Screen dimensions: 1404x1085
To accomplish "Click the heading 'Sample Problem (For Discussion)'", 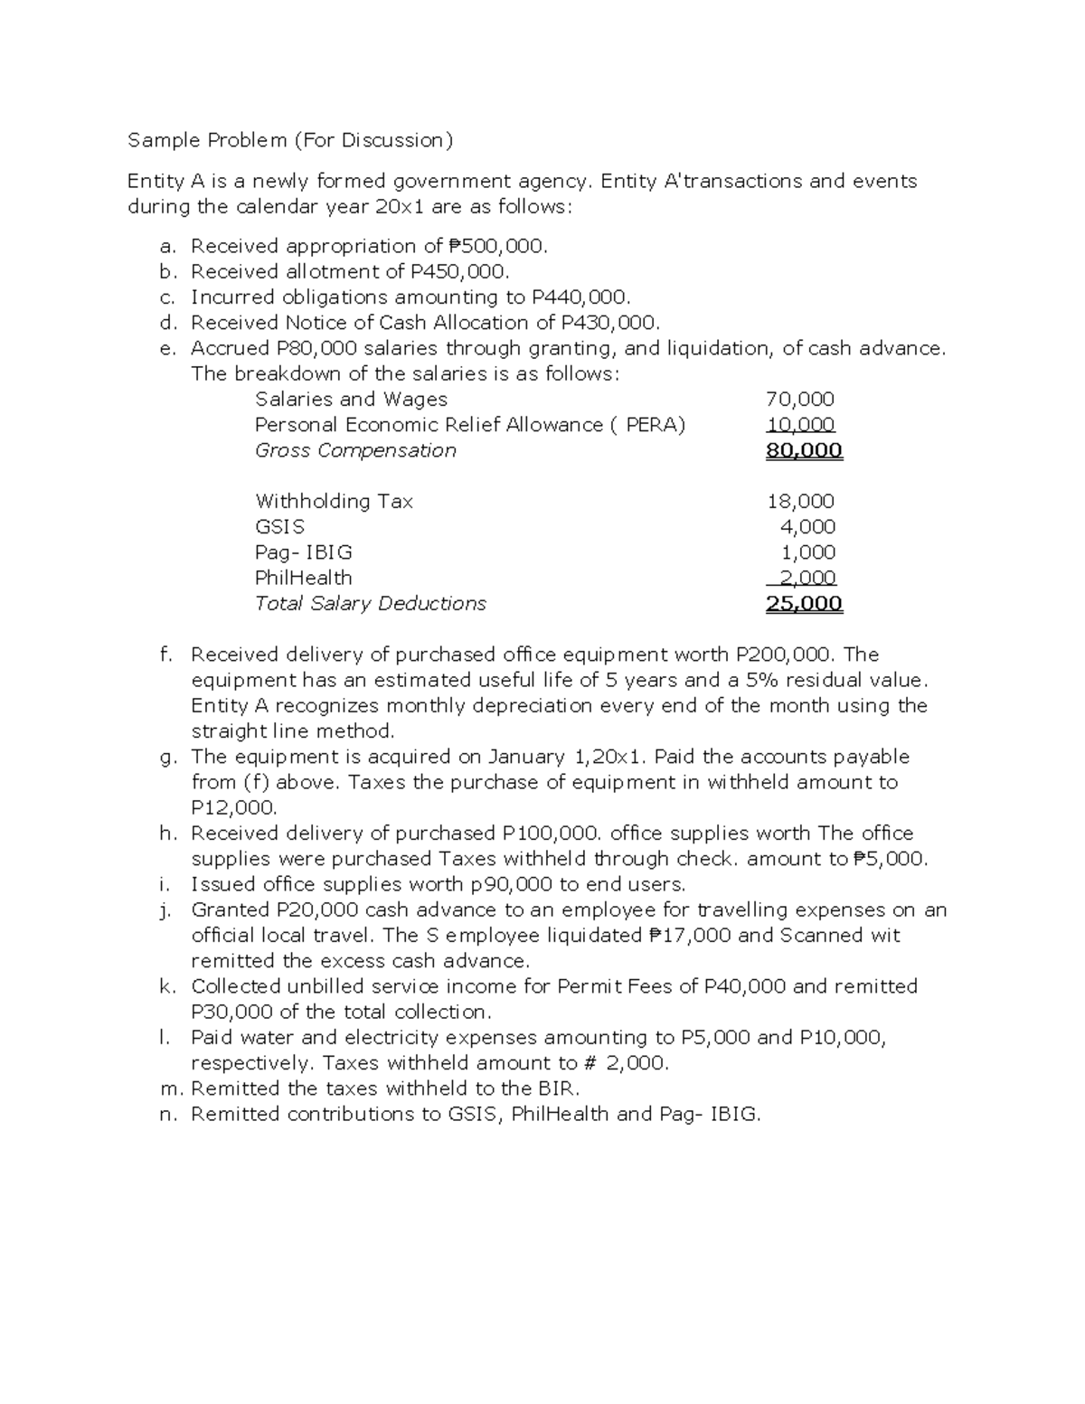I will pos(289,140).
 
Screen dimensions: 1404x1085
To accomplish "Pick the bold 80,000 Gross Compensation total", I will pos(804,450).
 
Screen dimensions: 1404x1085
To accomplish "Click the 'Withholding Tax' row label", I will pos(334,501).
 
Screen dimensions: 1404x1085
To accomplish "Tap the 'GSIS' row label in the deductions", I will pos(279,527).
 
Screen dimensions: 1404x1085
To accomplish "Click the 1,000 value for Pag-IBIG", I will pos(807,552).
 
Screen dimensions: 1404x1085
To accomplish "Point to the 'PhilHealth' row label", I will pos(303,578).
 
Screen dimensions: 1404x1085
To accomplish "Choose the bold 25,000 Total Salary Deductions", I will pos(804,604).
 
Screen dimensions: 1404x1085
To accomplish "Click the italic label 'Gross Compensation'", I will pos(355,450).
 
